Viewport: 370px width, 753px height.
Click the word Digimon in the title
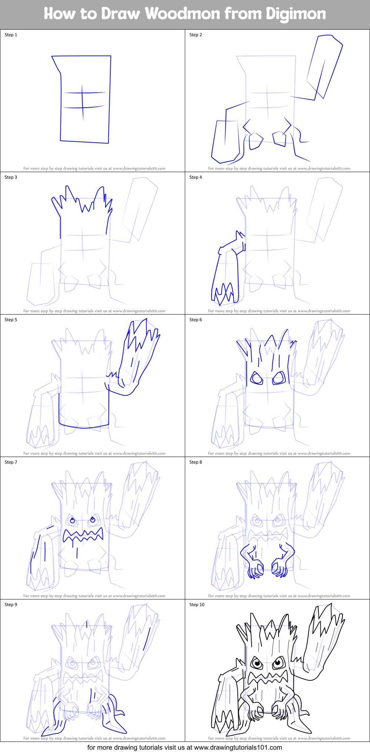pos(296,14)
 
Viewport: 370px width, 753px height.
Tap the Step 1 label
pos(11,35)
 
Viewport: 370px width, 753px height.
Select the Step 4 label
pos(196,177)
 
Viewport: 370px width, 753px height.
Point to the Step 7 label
pos(11,462)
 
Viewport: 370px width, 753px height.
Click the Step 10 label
pos(197,605)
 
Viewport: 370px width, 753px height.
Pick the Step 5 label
pos(11,320)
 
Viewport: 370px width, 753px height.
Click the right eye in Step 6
pos(279,378)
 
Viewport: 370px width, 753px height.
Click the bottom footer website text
pos(184,747)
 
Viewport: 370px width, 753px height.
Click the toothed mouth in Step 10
pos(267,677)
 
